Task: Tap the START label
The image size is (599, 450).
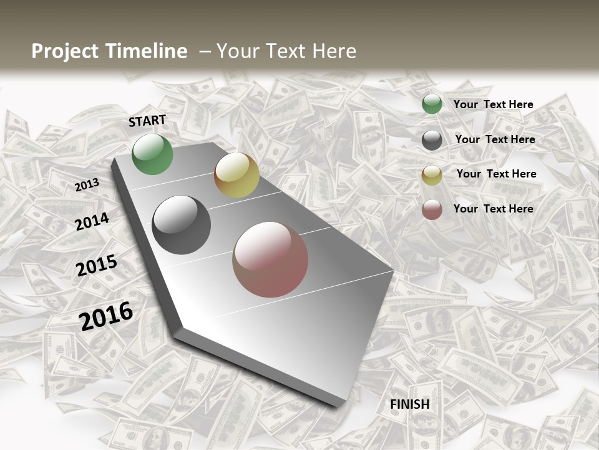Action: click(x=147, y=121)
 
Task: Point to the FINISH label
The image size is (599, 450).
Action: click(x=410, y=404)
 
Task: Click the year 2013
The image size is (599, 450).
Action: click(x=87, y=184)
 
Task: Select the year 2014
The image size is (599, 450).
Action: click(x=92, y=221)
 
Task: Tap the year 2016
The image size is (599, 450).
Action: click(x=107, y=316)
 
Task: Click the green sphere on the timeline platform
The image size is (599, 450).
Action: click(x=152, y=154)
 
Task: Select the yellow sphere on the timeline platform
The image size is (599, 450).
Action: click(x=236, y=175)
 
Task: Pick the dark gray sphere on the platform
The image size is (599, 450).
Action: click(x=181, y=225)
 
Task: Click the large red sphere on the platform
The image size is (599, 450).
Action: click(x=270, y=259)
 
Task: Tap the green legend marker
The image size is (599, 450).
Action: click(x=432, y=104)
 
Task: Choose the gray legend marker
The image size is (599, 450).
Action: click(x=432, y=140)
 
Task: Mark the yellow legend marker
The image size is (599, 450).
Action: click(x=432, y=175)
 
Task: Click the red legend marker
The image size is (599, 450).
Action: click(x=432, y=209)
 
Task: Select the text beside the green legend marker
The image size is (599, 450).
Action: click(x=494, y=104)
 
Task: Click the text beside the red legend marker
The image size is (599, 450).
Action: click(x=494, y=209)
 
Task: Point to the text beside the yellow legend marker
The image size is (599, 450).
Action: click(x=497, y=174)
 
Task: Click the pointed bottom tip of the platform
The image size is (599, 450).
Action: click(x=340, y=403)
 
